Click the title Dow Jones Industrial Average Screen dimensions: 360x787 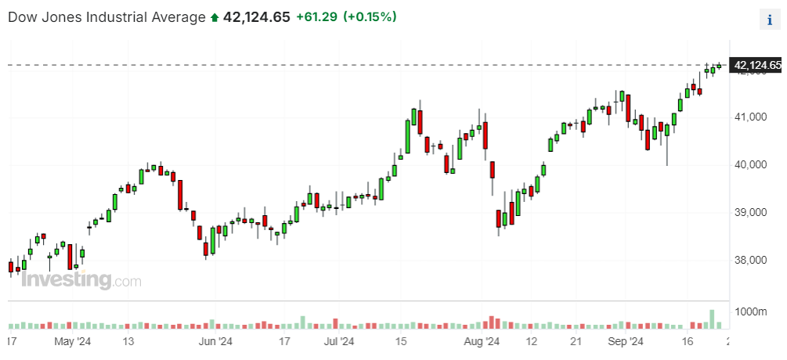(x=106, y=16)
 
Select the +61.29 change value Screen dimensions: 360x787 (x=316, y=16)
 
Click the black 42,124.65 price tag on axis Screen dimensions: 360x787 (x=756, y=66)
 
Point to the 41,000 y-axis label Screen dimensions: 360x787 (x=752, y=117)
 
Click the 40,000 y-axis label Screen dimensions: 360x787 (x=752, y=165)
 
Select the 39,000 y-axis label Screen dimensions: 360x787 (x=752, y=213)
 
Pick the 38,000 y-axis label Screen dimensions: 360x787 (x=752, y=261)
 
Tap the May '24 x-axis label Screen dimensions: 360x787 (x=74, y=342)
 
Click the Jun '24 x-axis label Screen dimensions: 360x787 (x=215, y=342)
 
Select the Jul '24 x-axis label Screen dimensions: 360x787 (x=339, y=342)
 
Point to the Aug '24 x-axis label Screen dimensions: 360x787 (x=481, y=342)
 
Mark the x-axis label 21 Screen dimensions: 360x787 (x=575, y=342)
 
